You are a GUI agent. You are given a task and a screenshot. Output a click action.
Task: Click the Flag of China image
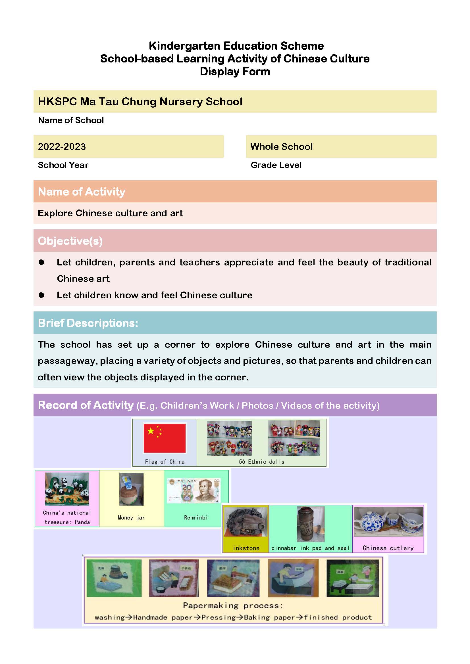[164, 438]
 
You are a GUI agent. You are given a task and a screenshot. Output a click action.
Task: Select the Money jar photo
[131, 489]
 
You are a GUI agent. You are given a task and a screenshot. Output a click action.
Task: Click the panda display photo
[67, 489]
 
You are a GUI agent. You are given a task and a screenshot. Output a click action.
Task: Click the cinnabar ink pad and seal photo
[311, 524]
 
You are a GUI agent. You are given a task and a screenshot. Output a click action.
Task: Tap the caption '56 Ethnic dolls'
[261, 462]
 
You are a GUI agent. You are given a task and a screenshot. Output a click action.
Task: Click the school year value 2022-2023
[62, 146]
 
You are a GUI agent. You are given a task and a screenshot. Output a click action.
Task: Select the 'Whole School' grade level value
[281, 146]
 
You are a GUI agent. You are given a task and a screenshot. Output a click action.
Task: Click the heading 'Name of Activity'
[82, 192]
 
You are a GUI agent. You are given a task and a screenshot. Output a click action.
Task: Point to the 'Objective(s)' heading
[70, 241]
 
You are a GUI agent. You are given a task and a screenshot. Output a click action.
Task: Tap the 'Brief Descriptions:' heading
[88, 323]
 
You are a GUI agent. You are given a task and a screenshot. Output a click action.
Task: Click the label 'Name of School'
[71, 120]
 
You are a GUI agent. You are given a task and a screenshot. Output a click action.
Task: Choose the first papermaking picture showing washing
[114, 578]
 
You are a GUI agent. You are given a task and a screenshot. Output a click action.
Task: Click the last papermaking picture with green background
[352, 578]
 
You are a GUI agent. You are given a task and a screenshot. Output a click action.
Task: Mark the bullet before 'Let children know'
[41, 295]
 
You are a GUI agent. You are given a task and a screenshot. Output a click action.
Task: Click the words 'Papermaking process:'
[233, 605]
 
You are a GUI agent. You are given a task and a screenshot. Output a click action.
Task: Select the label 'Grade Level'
[276, 165]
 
